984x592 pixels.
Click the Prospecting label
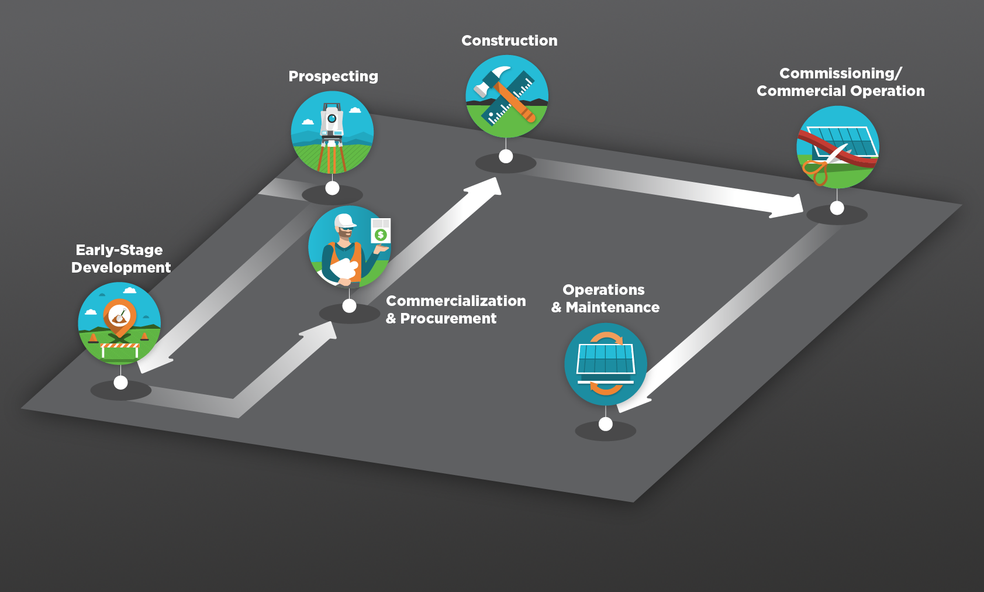[x=333, y=77]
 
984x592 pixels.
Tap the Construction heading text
[x=509, y=41]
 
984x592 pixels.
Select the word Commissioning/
[x=840, y=74]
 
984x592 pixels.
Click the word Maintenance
[x=612, y=308]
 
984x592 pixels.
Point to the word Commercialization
[x=455, y=301]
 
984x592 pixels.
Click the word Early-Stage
[x=119, y=250]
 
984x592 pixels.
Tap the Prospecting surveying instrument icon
[x=332, y=133]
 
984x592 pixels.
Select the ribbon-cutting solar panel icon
[x=837, y=147]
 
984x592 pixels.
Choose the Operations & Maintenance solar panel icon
[x=605, y=364]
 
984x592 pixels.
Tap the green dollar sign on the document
[x=381, y=235]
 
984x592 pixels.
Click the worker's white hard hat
[x=344, y=221]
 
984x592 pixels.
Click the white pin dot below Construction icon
[x=506, y=156]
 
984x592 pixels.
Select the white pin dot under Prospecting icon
[x=332, y=188]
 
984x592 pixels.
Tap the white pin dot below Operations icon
[x=606, y=424]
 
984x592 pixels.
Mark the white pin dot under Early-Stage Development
[x=120, y=383]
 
